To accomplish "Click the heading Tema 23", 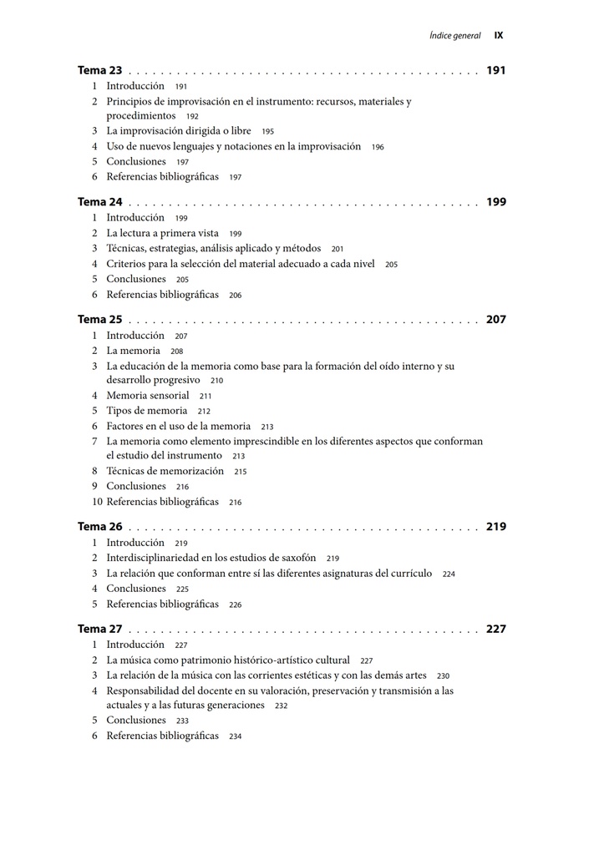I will [99, 71].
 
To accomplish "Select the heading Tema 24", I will [99, 202].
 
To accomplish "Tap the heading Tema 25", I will [99, 320].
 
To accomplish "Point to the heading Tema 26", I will [99, 527].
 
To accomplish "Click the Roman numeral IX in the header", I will [499, 36].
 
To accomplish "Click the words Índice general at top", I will [455, 36].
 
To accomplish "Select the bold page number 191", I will [495, 71].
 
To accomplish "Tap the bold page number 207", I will [495, 320].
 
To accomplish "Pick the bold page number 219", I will [495, 527].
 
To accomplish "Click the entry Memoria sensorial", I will [147, 396].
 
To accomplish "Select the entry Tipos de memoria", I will [146, 411].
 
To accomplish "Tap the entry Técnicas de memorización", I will [165, 471].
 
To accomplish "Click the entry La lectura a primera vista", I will [162, 234].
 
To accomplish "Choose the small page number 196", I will [378, 147].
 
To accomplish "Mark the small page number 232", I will [281, 706].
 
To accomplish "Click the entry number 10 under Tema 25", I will [97, 502].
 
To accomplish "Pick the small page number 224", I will [449, 574].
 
